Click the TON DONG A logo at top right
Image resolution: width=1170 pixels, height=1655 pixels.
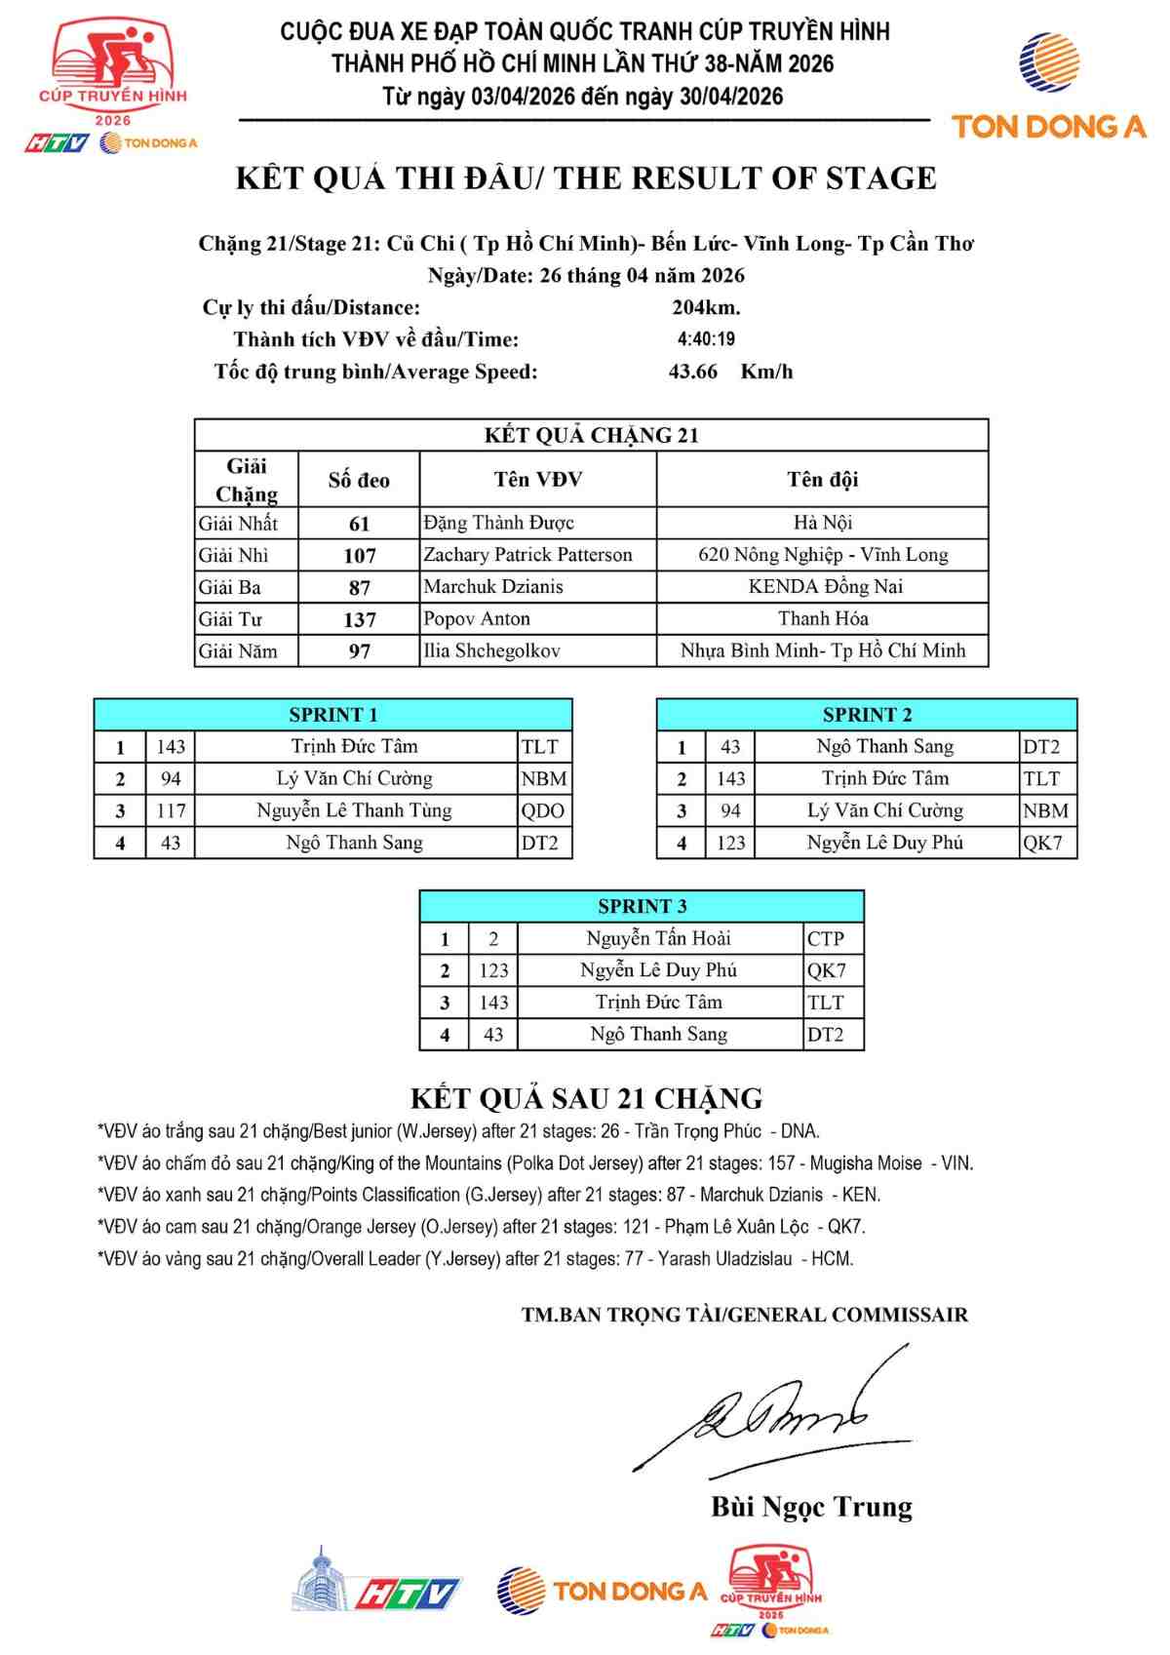coord(1049,88)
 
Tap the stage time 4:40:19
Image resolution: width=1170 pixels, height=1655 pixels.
coord(706,339)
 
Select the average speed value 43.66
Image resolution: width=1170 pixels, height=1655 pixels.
coord(692,372)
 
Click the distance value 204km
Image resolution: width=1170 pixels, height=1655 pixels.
coord(706,307)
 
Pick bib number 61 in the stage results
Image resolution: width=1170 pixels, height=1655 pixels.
coord(359,524)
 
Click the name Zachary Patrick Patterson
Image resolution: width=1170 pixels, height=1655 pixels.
coord(527,555)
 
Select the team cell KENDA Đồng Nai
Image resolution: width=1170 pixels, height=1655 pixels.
coord(825,586)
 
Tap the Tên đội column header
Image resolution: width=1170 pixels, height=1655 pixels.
coord(822,479)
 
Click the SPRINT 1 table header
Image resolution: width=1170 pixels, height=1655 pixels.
coord(332,714)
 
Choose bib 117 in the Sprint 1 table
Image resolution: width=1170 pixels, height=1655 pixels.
coord(171,810)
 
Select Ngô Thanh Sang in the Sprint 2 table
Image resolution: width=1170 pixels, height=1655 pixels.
coord(884,746)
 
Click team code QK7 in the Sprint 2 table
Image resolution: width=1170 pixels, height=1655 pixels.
coord(1042,843)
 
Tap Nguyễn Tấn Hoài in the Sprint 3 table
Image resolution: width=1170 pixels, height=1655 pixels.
coord(658,938)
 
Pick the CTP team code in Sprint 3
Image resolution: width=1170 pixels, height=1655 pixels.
coord(825,938)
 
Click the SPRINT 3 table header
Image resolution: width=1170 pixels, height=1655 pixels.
coord(642,906)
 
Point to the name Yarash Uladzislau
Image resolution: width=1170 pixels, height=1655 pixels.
coord(724,1259)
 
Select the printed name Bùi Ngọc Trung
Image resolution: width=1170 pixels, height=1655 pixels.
coord(811,1507)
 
